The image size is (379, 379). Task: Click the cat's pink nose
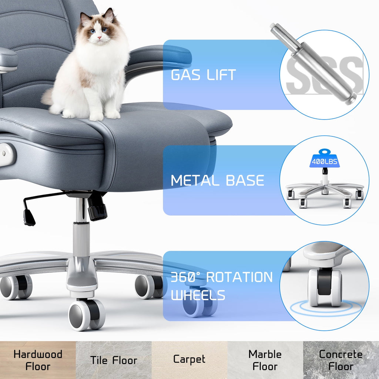point(99,38)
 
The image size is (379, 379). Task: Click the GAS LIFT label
point(203,75)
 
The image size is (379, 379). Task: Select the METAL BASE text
point(217,180)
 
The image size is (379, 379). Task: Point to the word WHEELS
point(198,295)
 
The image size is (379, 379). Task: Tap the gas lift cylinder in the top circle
point(313,64)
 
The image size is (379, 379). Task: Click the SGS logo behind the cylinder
point(324,76)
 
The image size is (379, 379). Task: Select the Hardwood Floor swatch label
point(38,360)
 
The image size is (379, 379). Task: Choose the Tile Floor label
point(114,360)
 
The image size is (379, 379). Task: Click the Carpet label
point(189,359)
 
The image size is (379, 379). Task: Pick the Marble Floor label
point(265,360)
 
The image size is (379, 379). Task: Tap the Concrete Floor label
point(341,360)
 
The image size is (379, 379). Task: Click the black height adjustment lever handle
point(29,218)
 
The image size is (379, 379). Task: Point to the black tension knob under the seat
point(97,209)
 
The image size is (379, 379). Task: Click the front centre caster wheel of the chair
point(87,315)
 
